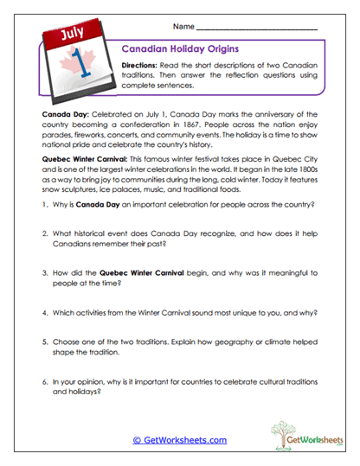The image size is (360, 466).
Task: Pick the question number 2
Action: (x=44, y=237)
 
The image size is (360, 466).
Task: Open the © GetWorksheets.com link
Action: (x=179, y=440)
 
